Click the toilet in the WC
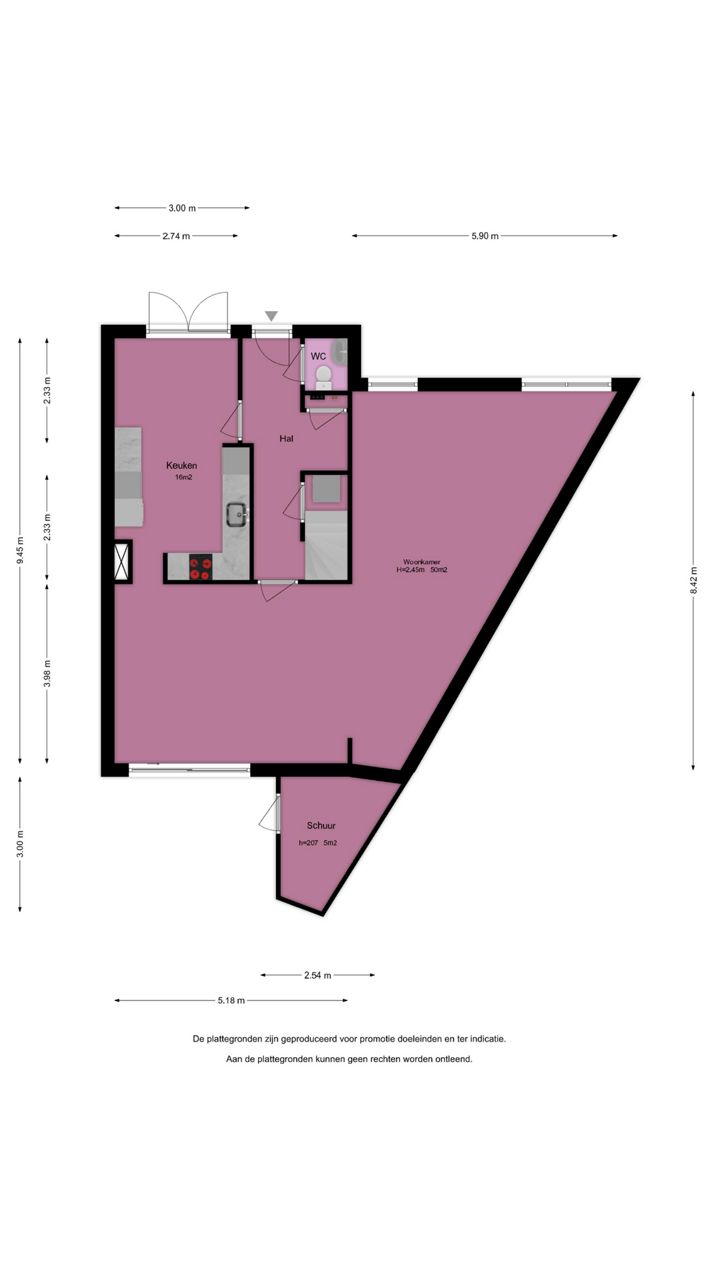click(323, 377)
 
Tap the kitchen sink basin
click(236, 513)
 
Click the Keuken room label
click(182, 466)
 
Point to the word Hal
click(287, 439)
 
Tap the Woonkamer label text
click(422, 562)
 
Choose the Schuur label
click(322, 826)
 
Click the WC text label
click(318, 357)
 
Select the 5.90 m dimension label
click(485, 236)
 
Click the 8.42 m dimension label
click(693, 580)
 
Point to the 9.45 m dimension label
click(20, 550)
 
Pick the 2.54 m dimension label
click(318, 975)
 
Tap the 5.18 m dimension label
click(231, 1001)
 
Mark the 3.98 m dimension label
click(47, 674)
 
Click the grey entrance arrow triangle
click(271, 316)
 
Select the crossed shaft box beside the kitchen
click(122, 562)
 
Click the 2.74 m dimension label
click(176, 236)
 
